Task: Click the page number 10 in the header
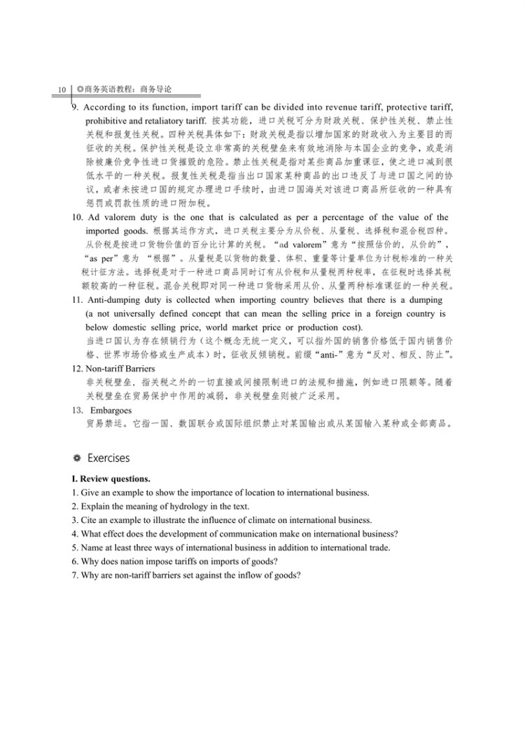pyautogui.click(x=62, y=90)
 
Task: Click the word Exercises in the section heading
pyautogui.click(x=108, y=458)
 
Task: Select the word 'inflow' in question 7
pyautogui.click(x=245, y=575)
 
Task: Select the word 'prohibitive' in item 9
pyautogui.click(x=107, y=121)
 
